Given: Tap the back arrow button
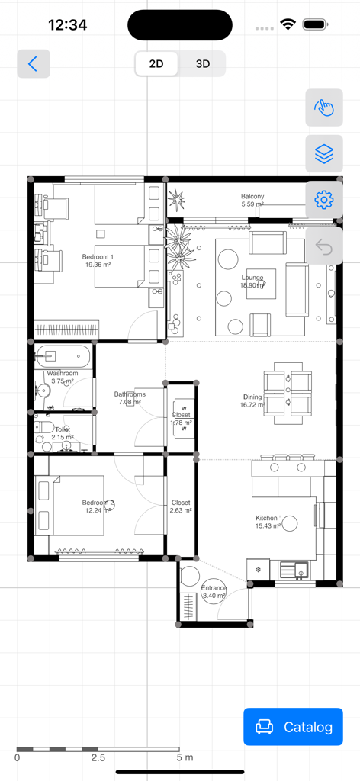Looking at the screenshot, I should pos(33,64).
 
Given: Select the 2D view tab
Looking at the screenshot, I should pos(156,64).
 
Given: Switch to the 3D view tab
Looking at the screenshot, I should pos(202,64).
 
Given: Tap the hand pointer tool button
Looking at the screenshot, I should pos(324,108).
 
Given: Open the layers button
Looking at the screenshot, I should pos(324,154).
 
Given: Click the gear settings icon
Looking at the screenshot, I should pos(324,201).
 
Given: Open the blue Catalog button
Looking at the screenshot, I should pos(294,727).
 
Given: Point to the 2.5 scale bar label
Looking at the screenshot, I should pos(98,758).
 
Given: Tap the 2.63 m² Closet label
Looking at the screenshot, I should pos(181,506).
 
